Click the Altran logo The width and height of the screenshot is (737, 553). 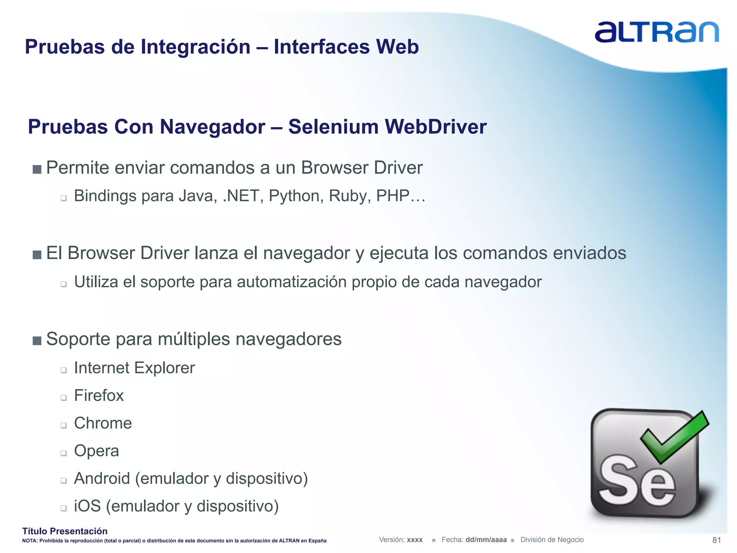[656, 32]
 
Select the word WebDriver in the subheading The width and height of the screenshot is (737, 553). [435, 127]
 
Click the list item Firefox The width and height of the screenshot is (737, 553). [99, 396]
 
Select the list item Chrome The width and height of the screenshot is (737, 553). [103, 423]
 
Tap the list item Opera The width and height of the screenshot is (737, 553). [96, 451]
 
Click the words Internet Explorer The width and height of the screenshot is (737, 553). [134, 368]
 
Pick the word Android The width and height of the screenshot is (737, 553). [102, 479]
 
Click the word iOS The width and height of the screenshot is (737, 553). [87, 506]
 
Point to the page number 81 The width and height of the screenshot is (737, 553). [716, 540]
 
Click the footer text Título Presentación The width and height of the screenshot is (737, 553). [65, 531]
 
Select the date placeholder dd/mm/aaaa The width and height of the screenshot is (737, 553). [486, 540]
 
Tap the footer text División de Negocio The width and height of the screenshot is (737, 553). [552, 540]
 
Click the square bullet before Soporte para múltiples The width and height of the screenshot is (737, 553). [37, 341]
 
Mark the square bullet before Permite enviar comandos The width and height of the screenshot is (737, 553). [37, 169]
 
